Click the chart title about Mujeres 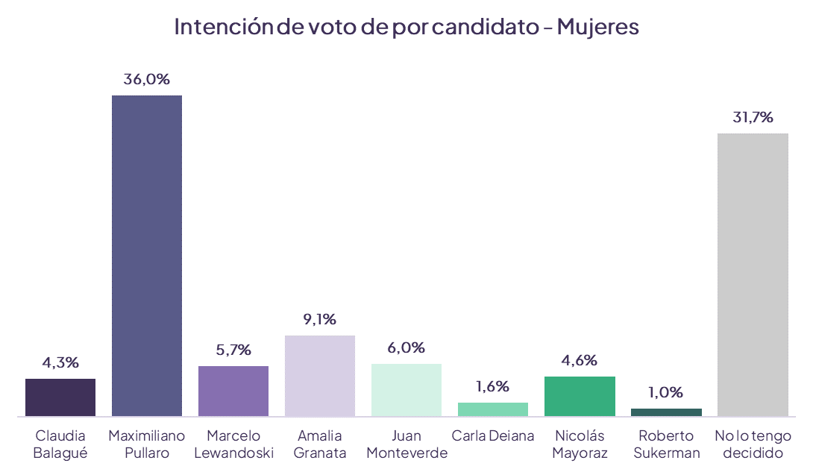(x=406, y=27)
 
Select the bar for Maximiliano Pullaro (x=147, y=255)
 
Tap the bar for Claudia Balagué (x=60, y=397)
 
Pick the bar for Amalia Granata (x=320, y=375)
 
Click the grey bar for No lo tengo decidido (x=753, y=274)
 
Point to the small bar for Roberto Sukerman (x=666, y=412)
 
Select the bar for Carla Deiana (x=493, y=409)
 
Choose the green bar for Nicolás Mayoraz (x=580, y=396)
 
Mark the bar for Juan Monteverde (x=406, y=389)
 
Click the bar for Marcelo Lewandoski (x=233, y=391)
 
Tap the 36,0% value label (x=147, y=80)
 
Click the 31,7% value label (x=753, y=118)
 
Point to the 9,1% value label (x=320, y=320)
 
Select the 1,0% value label (x=666, y=393)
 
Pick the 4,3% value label (x=60, y=363)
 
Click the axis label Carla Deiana (x=493, y=436)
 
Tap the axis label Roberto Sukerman (x=666, y=444)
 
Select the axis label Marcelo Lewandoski (x=233, y=444)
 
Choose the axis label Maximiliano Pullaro (x=147, y=444)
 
